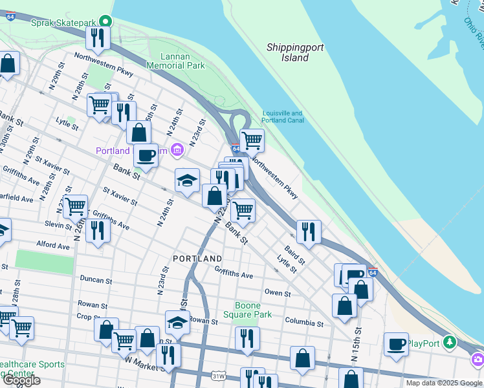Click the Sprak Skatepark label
[x=63, y=22]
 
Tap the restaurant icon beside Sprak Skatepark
[x=98, y=38]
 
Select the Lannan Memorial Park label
[x=175, y=61]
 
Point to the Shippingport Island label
[x=295, y=52]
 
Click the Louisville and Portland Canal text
[x=283, y=117]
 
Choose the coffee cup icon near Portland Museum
[x=146, y=155]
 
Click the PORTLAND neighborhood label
[x=197, y=259]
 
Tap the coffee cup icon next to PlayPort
[x=396, y=343]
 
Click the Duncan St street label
[x=96, y=281]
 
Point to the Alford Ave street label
[x=53, y=246]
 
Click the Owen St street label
[x=278, y=293]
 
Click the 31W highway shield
[x=218, y=374]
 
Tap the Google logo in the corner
[x=21, y=380]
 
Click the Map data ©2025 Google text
[x=443, y=383]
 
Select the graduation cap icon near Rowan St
[x=178, y=321]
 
